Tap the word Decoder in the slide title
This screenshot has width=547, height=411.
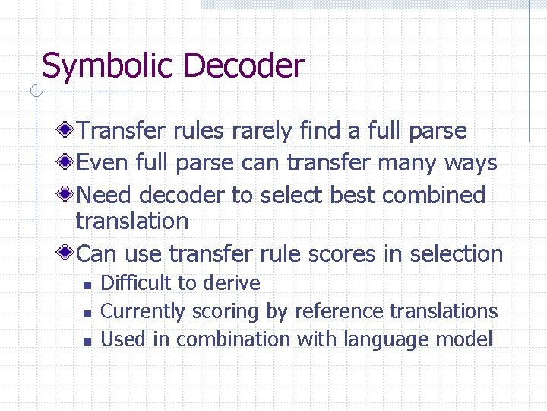243,65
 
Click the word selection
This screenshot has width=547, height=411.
453,253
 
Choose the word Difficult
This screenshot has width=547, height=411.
137,284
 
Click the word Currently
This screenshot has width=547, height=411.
143,312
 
